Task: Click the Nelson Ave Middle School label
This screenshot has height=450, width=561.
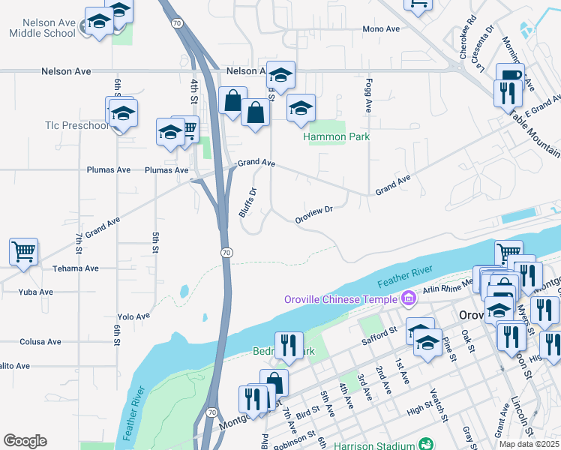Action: tap(42, 26)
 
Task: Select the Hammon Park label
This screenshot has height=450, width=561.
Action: tap(336, 137)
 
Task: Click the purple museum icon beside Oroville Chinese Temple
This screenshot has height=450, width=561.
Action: tap(408, 299)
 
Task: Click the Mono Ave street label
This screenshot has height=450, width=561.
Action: tap(381, 29)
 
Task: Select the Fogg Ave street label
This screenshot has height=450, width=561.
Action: tap(369, 95)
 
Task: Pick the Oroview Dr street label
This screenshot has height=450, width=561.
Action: tap(313, 211)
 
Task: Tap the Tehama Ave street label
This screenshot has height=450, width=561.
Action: tap(76, 268)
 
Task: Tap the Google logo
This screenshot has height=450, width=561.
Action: tap(25, 441)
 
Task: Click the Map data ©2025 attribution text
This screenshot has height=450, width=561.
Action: tap(528, 444)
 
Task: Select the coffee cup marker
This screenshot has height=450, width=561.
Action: tap(510, 76)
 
